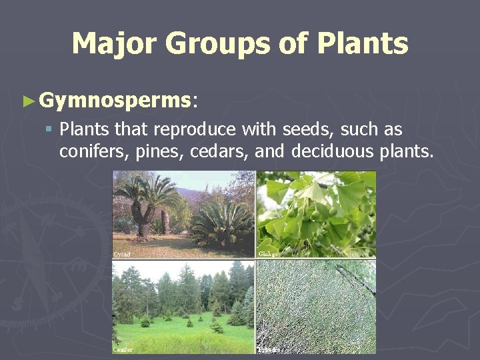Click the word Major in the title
(113, 44)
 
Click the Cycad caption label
(122, 254)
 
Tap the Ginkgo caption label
(268, 254)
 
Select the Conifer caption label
(123, 349)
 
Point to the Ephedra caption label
(269, 349)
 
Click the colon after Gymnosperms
(195, 102)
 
